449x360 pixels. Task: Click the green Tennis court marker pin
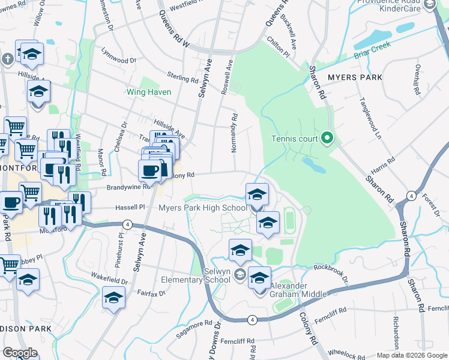pos(327,139)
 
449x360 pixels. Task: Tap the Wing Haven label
pos(148,92)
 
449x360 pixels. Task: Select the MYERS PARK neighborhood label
pos(355,77)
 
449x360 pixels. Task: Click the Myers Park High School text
pos(202,208)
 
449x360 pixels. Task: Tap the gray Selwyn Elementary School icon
pos(240,275)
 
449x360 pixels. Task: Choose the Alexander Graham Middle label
pos(298,289)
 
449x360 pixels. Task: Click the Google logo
pos(20,352)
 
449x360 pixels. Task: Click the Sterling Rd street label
pos(183,79)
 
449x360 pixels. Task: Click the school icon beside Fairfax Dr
pos(113,297)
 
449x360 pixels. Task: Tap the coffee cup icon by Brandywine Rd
pos(149,170)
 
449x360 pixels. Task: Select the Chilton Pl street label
pos(279,54)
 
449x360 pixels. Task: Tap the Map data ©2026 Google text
pos(411,355)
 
